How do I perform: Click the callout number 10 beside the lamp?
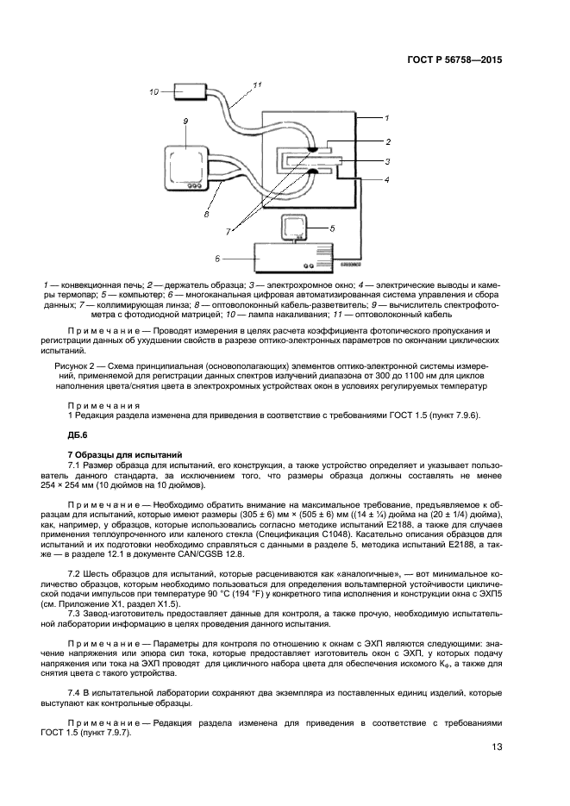153,91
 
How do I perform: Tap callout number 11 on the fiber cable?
257,84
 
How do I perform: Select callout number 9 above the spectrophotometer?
185,123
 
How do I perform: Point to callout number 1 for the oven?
387,116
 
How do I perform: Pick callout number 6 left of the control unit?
216,257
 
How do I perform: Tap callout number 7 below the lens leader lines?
229,233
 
